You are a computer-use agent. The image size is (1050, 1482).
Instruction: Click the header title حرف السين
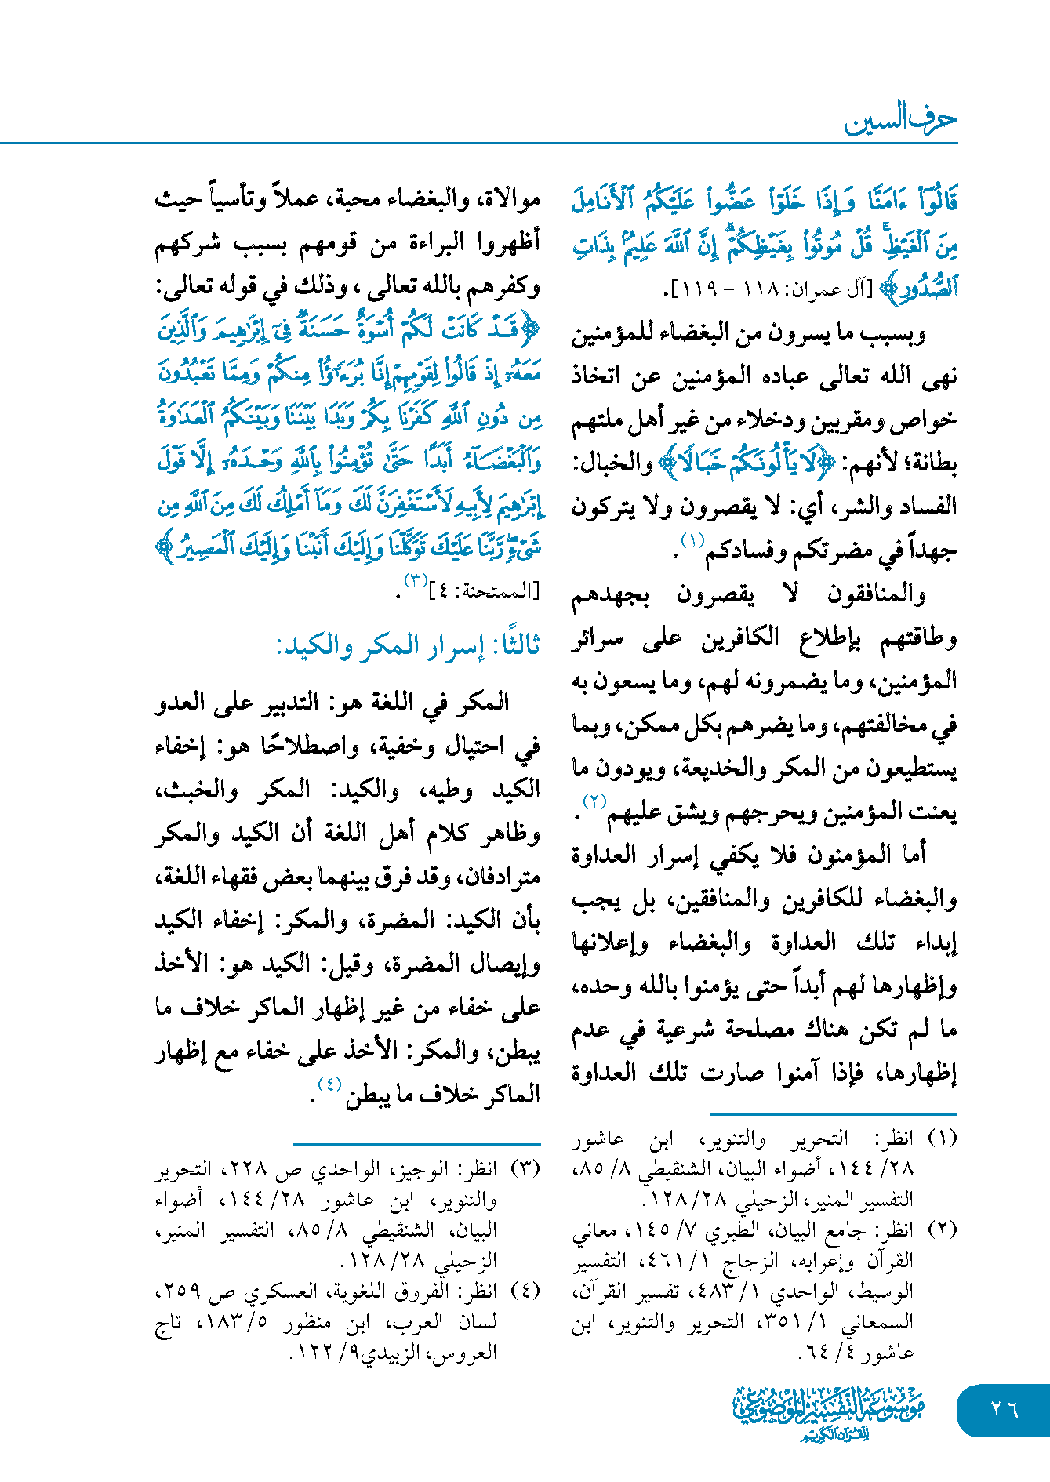tap(900, 120)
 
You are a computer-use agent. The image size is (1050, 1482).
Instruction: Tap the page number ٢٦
tap(1005, 1409)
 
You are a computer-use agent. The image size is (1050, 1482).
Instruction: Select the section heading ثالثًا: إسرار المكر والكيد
tap(408, 646)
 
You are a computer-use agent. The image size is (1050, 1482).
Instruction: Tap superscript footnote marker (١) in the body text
tap(692, 540)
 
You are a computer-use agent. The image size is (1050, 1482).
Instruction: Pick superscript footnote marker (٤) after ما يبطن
tap(329, 1084)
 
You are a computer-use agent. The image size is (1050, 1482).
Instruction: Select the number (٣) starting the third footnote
tap(525, 1169)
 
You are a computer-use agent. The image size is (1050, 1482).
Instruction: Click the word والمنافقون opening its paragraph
tap(876, 595)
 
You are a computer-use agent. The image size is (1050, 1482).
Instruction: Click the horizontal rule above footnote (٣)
tap(416, 1145)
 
